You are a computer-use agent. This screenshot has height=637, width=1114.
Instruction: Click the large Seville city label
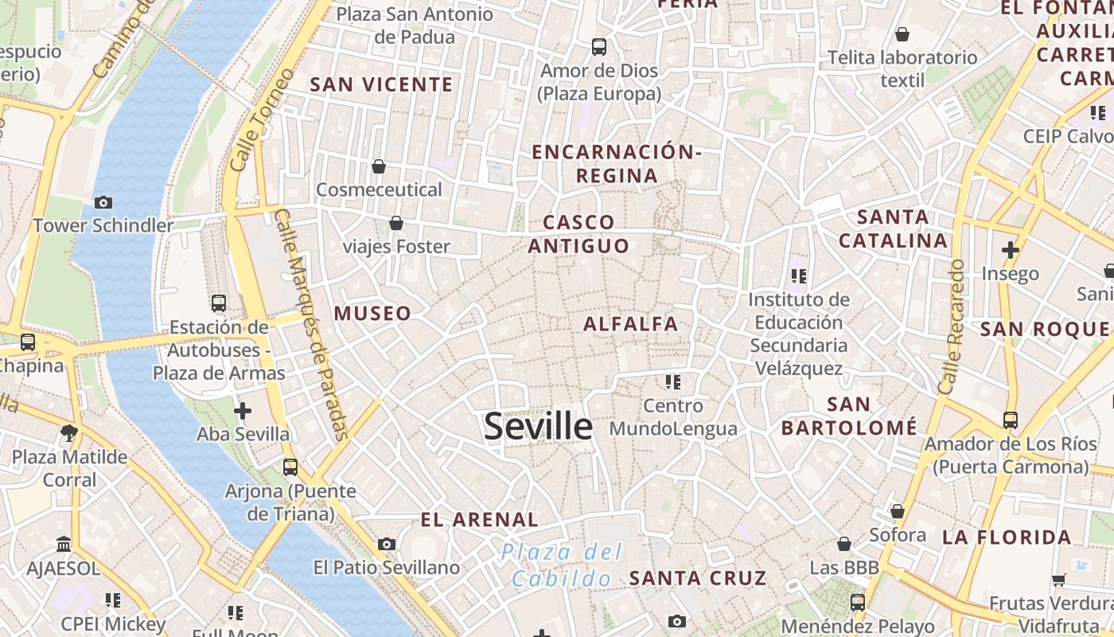(x=539, y=427)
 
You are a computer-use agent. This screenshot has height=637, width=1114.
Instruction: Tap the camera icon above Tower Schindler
(x=103, y=202)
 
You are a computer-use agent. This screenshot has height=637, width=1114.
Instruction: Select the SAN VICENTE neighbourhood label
(x=381, y=84)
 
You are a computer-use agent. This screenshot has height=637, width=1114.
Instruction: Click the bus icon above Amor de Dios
(x=599, y=47)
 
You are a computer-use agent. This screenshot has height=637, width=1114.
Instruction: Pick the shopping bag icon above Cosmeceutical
(x=379, y=166)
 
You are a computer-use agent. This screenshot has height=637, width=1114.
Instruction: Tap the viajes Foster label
(x=396, y=247)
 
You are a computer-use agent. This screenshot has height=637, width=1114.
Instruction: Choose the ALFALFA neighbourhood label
(x=631, y=324)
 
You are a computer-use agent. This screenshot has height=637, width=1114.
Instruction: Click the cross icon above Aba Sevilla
(x=243, y=411)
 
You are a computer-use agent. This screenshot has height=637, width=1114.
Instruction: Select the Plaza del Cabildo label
(x=562, y=565)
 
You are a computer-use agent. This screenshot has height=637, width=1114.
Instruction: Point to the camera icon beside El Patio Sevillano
(x=387, y=545)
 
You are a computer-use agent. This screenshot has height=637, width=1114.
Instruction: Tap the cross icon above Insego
(x=1011, y=250)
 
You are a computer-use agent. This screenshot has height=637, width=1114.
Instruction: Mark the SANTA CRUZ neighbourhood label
(x=698, y=578)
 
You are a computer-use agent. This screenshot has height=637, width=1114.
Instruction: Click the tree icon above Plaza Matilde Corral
(x=69, y=434)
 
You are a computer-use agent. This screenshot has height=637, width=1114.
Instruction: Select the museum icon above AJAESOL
(x=64, y=545)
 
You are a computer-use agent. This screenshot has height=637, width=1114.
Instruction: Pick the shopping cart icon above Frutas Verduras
(x=1058, y=580)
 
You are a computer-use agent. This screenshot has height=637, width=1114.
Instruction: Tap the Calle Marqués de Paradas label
(x=312, y=325)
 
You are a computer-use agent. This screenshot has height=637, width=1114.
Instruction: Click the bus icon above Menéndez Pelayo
(x=858, y=603)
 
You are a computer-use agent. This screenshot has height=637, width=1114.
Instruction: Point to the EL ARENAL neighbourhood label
(x=479, y=520)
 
